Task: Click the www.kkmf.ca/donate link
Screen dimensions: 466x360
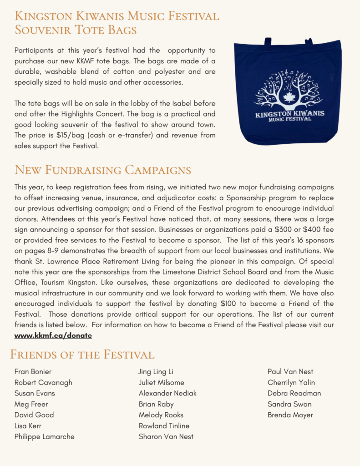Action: point(53,335)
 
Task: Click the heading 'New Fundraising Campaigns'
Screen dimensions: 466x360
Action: point(103,170)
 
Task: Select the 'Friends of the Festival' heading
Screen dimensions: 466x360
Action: point(82,355)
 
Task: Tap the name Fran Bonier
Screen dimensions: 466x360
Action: point(33,372)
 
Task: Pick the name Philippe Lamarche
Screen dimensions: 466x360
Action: point(45,436)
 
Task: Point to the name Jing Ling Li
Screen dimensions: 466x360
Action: point(156,372)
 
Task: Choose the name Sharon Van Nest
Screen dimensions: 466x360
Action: point(166,436)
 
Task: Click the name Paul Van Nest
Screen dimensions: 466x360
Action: point(290,372)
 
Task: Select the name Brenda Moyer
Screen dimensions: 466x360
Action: point(290,415)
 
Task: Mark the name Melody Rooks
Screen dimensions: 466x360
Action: point(161,415)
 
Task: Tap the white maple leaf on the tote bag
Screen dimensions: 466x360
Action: point(289,98)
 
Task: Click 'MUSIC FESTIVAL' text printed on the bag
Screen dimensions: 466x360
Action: point(290,119)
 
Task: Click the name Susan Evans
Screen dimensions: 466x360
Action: point(35,393)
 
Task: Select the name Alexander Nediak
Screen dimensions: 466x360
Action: point(167,393)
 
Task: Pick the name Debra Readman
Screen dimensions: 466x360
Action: point(294,393)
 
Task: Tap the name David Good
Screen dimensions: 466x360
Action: point(34,415)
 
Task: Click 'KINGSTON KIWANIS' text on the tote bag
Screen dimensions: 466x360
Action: point(290,112)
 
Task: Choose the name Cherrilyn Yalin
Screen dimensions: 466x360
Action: point(291,383)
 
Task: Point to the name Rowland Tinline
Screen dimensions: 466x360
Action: point(164,426)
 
